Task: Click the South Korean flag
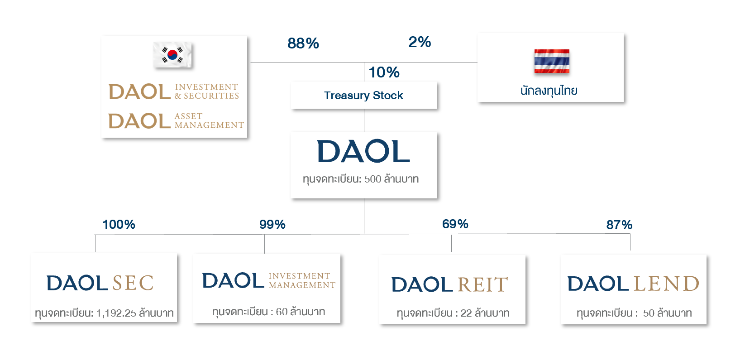(172, 55)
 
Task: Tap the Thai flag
(551, 61)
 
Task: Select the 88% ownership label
(303, 43)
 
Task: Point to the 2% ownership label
(420, 42)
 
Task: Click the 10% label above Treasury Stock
(384, 72)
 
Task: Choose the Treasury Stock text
(363, 96)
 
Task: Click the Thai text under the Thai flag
(549, 91)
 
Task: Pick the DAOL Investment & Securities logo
(174, 91)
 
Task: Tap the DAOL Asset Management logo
(176, 121)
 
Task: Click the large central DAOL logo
(363, 151)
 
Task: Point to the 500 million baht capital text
(361, 179)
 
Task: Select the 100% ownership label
(119, 225)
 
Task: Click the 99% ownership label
(272, 225)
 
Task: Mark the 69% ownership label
(455, 224)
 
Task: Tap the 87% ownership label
(619, 225)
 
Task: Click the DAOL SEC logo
(100, 283)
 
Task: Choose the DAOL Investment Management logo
(268, 281)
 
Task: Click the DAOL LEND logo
(633, 284)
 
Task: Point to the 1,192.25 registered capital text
(104, 313)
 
